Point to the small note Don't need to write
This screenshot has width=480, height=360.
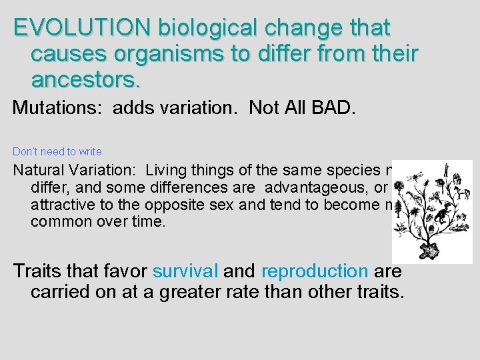pos(57,152)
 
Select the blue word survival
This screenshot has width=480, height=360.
pos(185,271)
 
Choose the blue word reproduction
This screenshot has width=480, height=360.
pos(315,271)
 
